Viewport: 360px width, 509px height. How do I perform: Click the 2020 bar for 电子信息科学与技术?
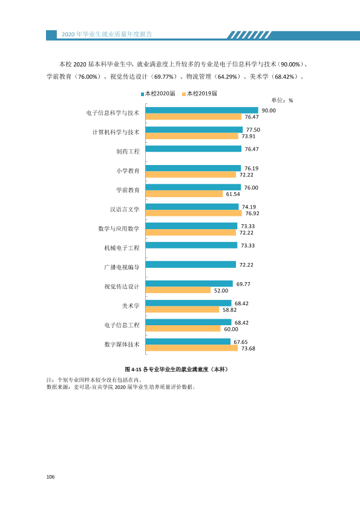point(201,111)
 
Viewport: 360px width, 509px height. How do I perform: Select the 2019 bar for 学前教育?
point(184,194)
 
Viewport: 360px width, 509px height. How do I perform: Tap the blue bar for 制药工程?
point(194,149)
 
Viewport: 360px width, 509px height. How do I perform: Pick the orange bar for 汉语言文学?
point(194,213)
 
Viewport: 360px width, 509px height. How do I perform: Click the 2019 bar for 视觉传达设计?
point(178,290)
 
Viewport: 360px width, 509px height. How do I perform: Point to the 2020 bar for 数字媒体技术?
point(188,342)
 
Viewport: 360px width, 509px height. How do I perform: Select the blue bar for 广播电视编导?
point(191,265)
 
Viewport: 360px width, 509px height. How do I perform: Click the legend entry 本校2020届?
point(158,94)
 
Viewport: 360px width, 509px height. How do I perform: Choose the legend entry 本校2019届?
point(200,94)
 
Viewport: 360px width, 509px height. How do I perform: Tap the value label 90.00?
point(269,111)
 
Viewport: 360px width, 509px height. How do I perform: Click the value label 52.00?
point(221,291)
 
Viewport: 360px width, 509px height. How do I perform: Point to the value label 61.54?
point(233,194)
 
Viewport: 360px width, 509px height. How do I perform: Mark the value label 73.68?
point(248,348)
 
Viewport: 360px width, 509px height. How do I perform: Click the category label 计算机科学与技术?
point(116,132)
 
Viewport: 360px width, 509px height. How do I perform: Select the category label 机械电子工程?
point(122,248)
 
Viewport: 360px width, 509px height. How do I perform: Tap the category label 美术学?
point(131,306)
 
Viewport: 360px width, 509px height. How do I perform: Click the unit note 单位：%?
point(282,100)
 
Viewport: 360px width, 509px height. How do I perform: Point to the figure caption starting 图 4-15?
point(177,369)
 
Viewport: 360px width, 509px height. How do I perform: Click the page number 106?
point(50,477)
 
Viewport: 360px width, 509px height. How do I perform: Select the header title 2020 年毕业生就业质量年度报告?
point(107,34)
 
